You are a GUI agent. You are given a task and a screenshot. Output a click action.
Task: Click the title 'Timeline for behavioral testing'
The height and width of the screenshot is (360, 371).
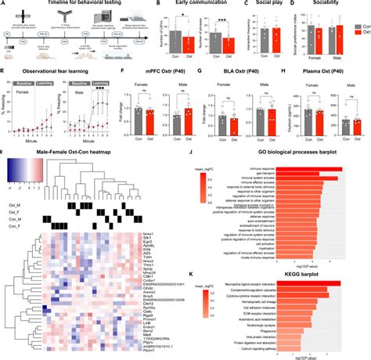point(74,5)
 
